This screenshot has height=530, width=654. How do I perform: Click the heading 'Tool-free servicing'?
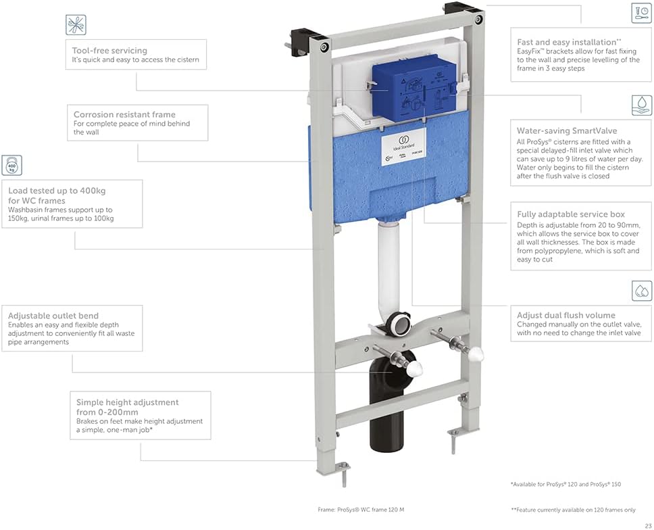point(109,50)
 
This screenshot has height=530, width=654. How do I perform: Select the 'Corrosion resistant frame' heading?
point(124,114)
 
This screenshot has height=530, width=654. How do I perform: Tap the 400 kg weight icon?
point(11,166)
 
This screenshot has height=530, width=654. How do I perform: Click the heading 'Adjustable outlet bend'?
point(53,315)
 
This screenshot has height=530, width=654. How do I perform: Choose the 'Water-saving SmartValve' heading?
point(567,130)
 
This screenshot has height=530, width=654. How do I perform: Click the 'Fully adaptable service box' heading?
point(571,214)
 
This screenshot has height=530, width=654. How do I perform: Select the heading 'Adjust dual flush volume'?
point(566,315)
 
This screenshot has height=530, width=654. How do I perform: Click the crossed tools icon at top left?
point(76,25)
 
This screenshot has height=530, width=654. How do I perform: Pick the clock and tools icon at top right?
point(641,14)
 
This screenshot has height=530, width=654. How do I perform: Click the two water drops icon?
point(641,291)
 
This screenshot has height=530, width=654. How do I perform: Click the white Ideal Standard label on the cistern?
point(401,144)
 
